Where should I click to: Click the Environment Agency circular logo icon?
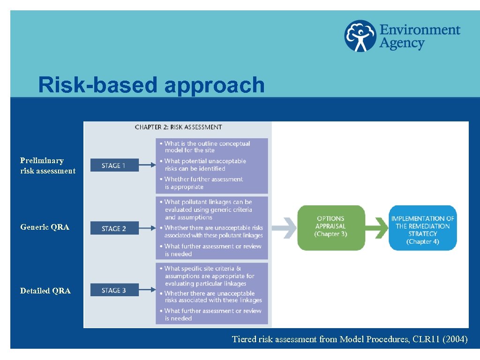[x=360, y=36]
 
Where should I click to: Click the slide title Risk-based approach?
[x=151, y=85]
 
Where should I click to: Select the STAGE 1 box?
[x=114, y=165]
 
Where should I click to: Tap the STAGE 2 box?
[x=114, y=228]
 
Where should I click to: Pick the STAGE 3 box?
[x=114, y=290]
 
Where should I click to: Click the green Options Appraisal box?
[x=331, y=227]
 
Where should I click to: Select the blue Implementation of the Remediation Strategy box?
[x=422, y=228]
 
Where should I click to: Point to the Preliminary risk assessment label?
[x=47, y=165]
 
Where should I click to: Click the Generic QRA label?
[x=45, y=227]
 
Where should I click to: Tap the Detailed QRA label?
[x=45, y=291]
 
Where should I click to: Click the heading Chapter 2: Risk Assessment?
[x=178, y=127]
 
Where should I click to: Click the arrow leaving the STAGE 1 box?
[x=147, y=165]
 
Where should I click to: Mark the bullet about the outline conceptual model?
[x=207, y=147]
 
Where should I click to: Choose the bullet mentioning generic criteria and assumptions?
[x=208, y=210]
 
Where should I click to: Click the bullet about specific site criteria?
[x=209, y=276]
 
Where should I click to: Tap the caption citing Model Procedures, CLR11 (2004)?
[x=350, y=339]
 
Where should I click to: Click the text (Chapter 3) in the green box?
[x=330, y=234]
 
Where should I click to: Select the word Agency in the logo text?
[x=402, y=44]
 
